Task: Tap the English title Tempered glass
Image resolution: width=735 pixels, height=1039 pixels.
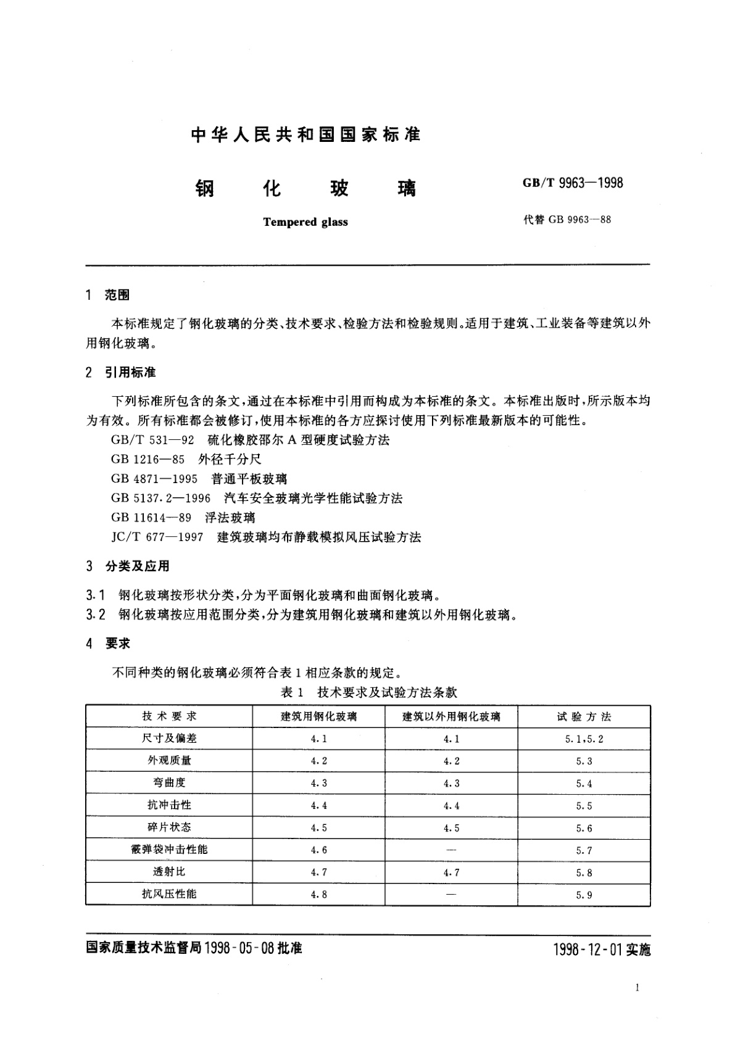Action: coord(305,222)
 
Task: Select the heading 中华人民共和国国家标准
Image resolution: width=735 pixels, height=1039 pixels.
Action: coord(306,135)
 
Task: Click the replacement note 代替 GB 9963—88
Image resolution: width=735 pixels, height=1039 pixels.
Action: coord(567,220)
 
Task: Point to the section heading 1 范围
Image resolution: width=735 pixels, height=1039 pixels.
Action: coord(109,296)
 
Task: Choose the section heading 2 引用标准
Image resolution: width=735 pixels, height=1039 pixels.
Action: coord(121,372)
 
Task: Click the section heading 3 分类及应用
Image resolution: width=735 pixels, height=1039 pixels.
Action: coord(128,566)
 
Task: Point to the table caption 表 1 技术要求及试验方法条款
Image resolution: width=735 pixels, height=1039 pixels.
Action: coord(368,692)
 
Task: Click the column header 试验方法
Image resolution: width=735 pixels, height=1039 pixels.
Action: coord(584,716)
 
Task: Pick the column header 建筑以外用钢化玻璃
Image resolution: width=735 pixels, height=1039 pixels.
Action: coord(451,716)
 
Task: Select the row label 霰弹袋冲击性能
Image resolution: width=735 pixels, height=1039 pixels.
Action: coord(169,850)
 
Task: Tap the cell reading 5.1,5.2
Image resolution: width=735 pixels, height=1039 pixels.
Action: coord(584,739)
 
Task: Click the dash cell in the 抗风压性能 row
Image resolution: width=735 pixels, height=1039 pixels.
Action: coord(451,894)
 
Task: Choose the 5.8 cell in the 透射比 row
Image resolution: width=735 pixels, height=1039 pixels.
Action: coord(584,872)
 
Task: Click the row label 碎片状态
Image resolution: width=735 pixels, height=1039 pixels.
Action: coord(169,827)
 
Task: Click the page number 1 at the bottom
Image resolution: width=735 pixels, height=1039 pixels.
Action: coord(636,988)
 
